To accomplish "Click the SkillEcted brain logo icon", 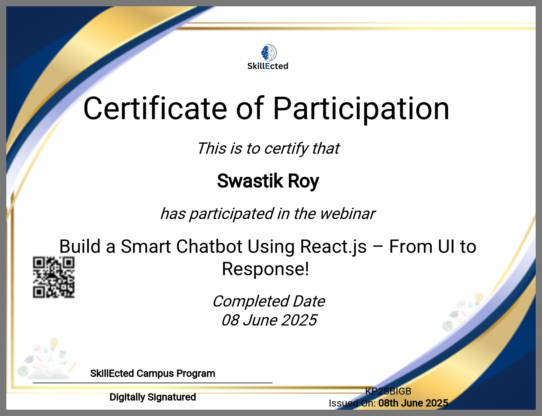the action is [x=269, y=53].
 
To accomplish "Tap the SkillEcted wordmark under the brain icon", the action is [x=268, y=66].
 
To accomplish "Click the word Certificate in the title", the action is [x=155, y=108].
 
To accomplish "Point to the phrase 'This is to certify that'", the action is [x=268, y=148].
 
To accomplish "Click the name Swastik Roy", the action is [x=268, y=181].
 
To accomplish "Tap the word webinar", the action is [x=348, y=214].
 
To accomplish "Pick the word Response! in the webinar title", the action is [x=266, y=269].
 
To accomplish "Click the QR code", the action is [x=54, y=277].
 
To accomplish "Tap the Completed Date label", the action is [x=269, y=302].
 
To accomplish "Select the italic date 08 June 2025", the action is [x=269, y=320].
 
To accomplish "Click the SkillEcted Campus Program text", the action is [x=153, y=373].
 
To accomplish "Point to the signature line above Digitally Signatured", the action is [x=153, y=383].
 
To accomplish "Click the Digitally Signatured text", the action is [x=153, y=397].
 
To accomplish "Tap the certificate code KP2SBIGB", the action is [x=388, y=391].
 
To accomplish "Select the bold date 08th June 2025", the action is [x=413, y=403].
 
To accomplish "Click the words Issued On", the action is [x=352, y=403].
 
